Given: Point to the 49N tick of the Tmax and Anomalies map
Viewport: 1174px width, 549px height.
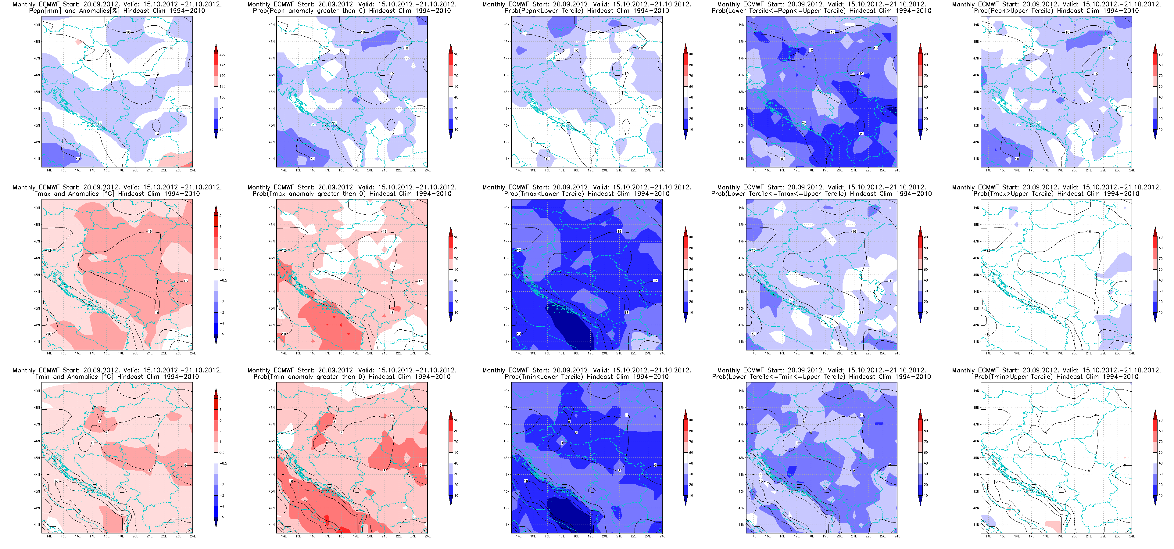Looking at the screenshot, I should coord(37,208).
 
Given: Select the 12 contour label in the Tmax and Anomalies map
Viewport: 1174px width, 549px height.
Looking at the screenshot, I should coord(49,250).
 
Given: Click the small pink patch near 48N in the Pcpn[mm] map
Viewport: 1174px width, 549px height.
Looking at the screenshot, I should coord(78,42).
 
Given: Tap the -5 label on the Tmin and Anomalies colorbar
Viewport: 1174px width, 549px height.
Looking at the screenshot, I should coord(222,517).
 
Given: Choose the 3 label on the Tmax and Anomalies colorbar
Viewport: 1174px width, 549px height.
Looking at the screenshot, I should coord(220,237).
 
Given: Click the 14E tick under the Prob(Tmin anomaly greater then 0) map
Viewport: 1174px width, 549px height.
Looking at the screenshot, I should coord(284,536).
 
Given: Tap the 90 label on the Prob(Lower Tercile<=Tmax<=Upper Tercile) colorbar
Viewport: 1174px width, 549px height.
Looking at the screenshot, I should coord(925,237).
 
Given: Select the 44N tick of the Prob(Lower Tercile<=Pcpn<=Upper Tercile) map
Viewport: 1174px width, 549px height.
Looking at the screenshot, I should coord(741,109).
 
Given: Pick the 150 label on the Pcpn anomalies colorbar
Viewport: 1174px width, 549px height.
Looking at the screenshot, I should coord(222,76).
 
